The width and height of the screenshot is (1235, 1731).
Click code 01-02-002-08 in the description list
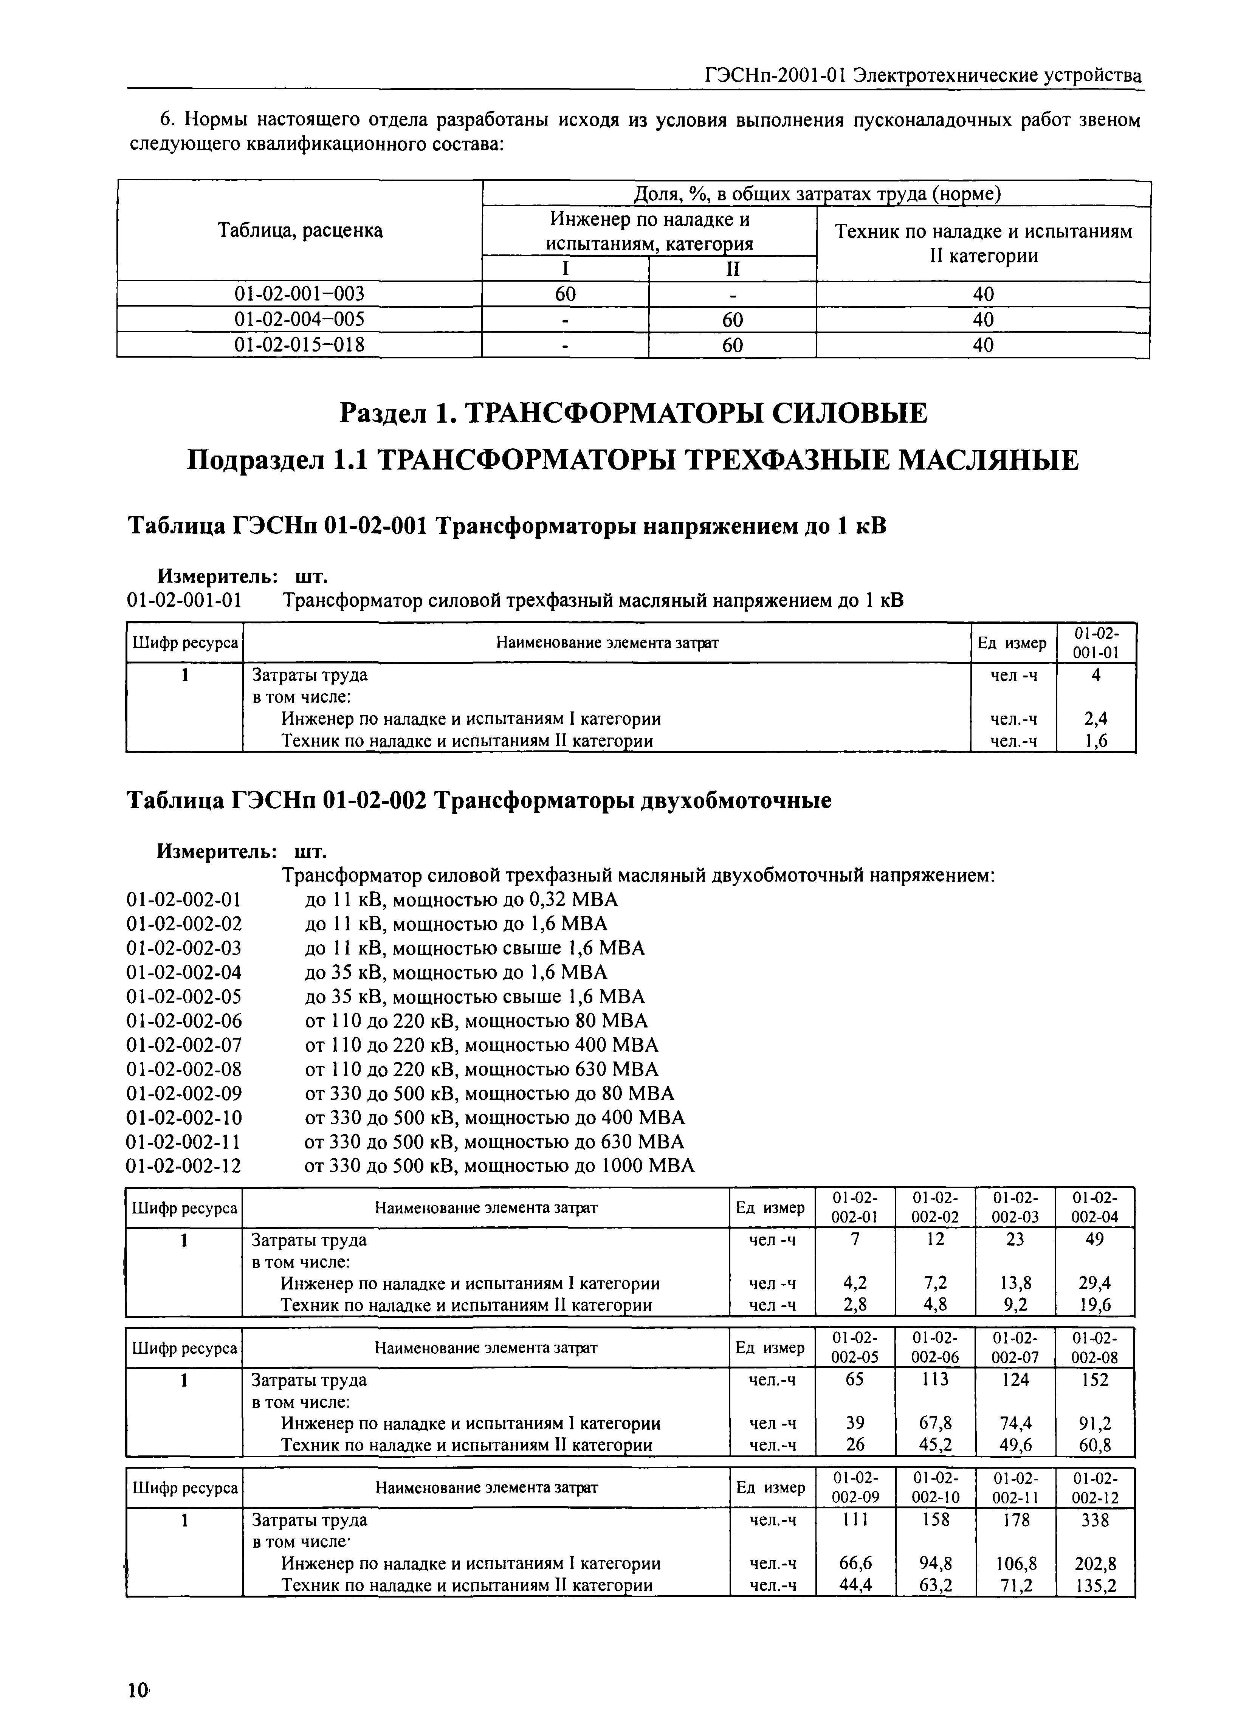click(184, 1069)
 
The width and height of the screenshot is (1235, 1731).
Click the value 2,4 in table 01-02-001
click(1096, 719)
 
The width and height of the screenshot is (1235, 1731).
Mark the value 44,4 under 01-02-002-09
click(855, 1585)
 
